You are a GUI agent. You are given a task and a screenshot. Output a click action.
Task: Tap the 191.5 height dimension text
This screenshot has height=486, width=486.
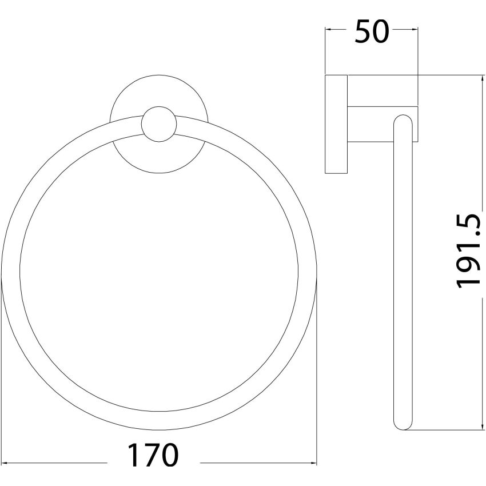468,252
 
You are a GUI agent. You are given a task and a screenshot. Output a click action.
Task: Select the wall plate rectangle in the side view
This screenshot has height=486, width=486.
336,124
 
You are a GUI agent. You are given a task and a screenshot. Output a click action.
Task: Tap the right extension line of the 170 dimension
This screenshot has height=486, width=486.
317,372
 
